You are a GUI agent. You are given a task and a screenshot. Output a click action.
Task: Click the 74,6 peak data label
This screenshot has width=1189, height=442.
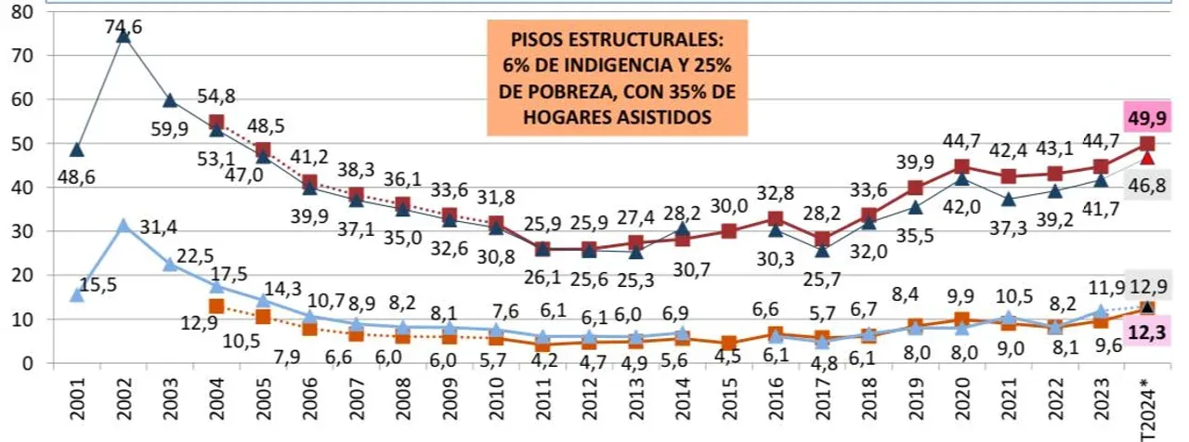click(x=124, y=28)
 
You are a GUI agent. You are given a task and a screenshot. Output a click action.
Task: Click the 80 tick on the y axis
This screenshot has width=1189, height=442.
click(x=22, y=12)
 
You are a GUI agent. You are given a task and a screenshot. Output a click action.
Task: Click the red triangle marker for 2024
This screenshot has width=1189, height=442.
click(x=1148, y=158)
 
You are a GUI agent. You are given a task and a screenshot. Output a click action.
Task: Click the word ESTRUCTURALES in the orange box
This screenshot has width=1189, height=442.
click(x=671, y=43)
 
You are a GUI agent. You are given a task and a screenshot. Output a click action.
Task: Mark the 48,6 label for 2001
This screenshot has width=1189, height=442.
click(x=76, y=175)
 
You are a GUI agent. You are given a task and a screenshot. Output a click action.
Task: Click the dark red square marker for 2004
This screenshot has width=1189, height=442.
click(x=216, y=123)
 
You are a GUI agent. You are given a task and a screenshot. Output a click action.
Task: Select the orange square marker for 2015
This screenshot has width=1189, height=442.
click(x=729, y=344)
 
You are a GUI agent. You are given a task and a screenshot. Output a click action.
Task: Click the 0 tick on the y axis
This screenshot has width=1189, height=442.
click(x=28, y=362)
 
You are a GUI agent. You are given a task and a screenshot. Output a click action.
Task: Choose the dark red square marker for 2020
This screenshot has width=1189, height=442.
click(x=962, y=167)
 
